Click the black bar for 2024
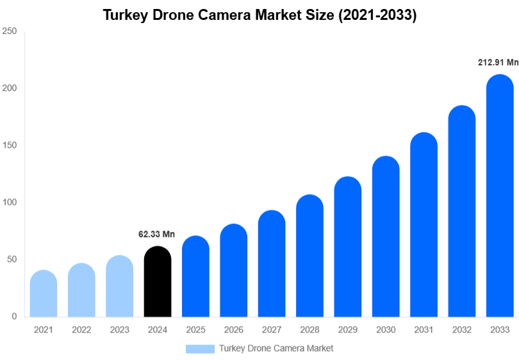[x=158, y=282]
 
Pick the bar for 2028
[x=309, y=256]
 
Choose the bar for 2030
[x=386, y=236]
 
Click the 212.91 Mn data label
[x=498, y=62]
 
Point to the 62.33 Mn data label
[x=156, y=234]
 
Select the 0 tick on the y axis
[x=13, y=316]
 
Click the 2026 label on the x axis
[x=233, y=330]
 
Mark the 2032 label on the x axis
[x=461, y=330]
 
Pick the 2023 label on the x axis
[x=119, y=330]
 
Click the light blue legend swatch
[x=200, y=348]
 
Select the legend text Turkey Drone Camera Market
[x=276, y=348]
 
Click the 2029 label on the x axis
[x=347, y=330]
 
